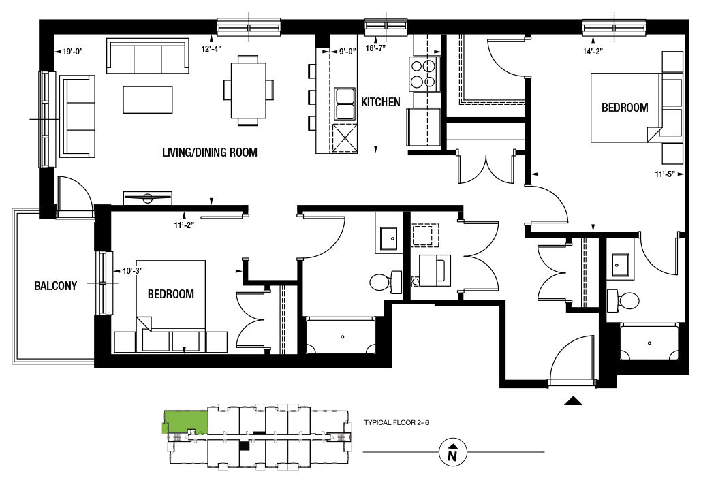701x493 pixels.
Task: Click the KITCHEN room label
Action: (380, 102)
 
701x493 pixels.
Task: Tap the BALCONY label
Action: (55, 285)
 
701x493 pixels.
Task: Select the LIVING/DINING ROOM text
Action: (210, 153)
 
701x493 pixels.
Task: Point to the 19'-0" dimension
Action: (72, 52)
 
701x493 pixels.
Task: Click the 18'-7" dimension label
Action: (376, 48)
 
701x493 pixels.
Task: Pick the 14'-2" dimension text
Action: (593, 51)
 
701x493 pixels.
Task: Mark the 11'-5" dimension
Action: (665, 174)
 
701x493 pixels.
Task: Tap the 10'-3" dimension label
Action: (133, 271)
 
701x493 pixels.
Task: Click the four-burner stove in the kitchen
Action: (423, 74)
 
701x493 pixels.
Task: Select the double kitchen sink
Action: (343, 104)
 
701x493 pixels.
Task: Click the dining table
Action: (249, 91)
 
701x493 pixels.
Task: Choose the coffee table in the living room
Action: (148, 99)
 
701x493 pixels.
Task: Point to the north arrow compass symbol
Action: (453, 452)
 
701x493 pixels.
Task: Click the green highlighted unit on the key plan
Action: (185, 421)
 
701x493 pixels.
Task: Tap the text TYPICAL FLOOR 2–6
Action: (396, 422)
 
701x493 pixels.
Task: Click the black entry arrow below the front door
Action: (573, 401)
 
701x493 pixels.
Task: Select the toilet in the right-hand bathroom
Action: (623, 301)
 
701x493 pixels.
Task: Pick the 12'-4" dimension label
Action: (211, 49)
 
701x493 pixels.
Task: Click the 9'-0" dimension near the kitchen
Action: (347, 52)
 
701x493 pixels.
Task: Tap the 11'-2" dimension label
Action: (184, 225)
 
